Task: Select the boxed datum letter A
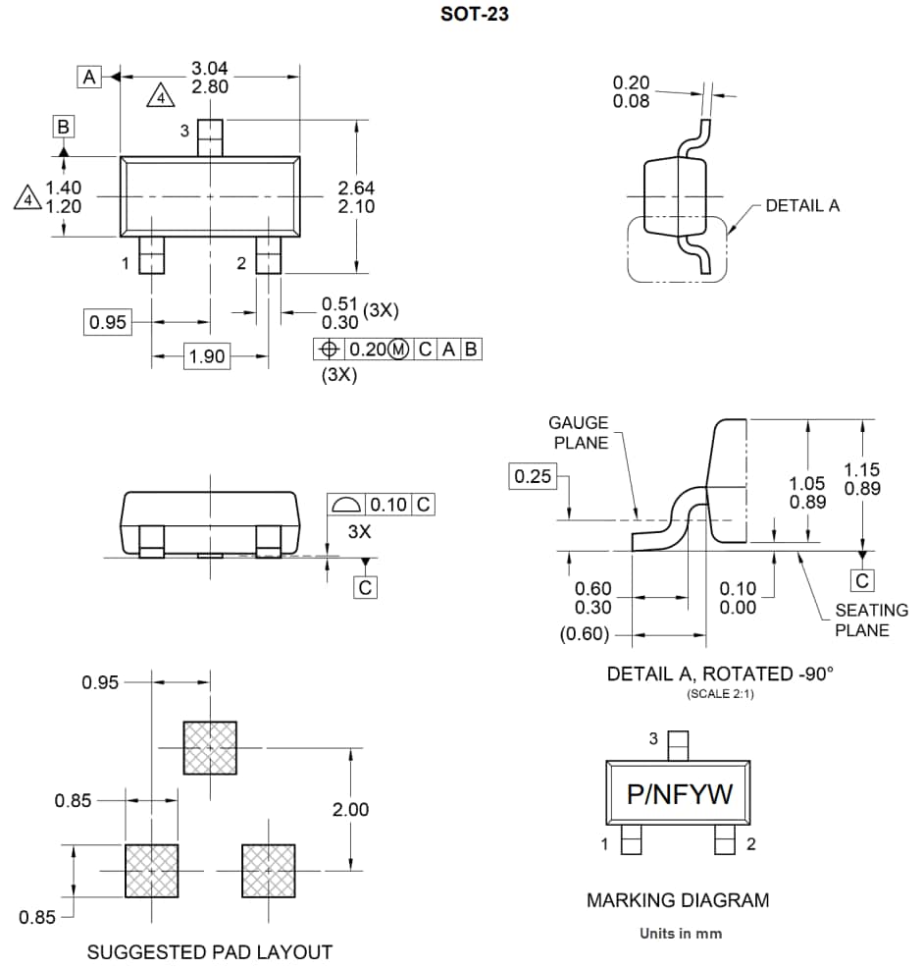pos(90,77)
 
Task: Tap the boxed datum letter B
pos(63,127)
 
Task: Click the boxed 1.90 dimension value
pos(207,356)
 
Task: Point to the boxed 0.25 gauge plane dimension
pos(533,477)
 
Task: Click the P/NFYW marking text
pos(679,794)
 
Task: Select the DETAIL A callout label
pos(801,206)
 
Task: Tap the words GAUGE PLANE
pos(578,432)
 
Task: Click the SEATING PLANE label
pos(871,620)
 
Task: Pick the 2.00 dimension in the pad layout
pos(350,810)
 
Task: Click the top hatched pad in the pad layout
pos(210,748)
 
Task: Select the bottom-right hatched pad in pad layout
pos(269,871)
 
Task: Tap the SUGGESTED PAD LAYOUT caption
pos(210,952)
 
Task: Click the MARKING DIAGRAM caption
pos(678,900)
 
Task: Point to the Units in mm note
pos(680,933)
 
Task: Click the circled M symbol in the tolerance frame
pos(399,349)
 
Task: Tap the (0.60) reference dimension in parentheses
pos(585,635)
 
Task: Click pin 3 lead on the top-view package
pos(210,136)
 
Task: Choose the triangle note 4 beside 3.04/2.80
pos(161,96)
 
